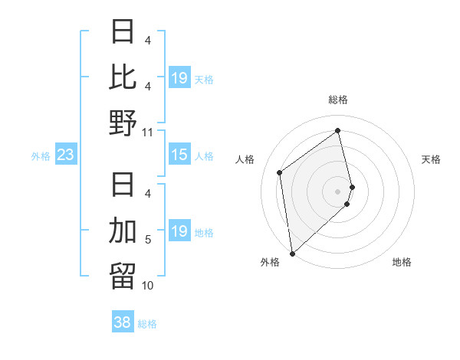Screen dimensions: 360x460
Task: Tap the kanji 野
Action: [x=123, y=123]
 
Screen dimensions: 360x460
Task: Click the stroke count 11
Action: [x=148, y=132]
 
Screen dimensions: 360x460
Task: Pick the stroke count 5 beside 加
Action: [x=148, y=241]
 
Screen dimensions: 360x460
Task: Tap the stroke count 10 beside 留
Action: [x=148, y=286]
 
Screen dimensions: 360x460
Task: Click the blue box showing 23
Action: [x=66, y=155]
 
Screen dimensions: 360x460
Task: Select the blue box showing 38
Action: [x=123, y=323]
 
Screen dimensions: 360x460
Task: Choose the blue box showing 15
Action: [x=179, y=155]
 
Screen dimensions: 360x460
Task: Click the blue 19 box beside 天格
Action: [x=179, y=78]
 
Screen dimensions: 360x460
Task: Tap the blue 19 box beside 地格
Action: [x=179, y=232]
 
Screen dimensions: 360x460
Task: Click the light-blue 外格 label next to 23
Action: [x=41, y=156]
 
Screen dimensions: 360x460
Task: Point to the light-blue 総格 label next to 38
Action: [x=147, y=324]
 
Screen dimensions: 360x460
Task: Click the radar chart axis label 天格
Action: [x=432, y=159]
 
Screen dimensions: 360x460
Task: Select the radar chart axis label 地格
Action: [x=402, y=262]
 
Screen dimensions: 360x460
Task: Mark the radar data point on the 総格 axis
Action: [x=338, y=130]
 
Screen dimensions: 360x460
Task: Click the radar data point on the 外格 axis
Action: [x=292, y=254]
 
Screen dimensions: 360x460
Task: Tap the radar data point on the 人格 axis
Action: [x=280, y=172]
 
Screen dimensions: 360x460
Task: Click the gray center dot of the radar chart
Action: [x=338, y=191]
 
